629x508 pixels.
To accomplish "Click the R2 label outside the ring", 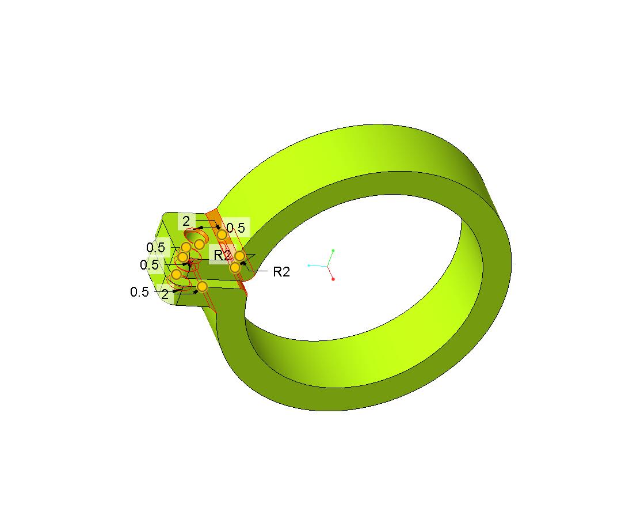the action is click(281, 272).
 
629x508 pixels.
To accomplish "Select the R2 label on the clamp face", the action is click(222, 255).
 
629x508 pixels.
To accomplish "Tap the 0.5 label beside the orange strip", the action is click(235, 228).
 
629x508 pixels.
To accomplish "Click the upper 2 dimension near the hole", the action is click(186, 221).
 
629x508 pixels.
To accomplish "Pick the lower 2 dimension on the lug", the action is click(165, 294).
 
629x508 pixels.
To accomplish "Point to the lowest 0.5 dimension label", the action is click(139, 292).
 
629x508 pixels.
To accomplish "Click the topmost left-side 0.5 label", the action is click(155, 247).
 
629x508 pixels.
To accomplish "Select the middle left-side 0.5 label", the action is click(149, 264).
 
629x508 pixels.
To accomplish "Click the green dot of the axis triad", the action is click(333, 251).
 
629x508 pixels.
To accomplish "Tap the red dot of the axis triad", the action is click(333, 279).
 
